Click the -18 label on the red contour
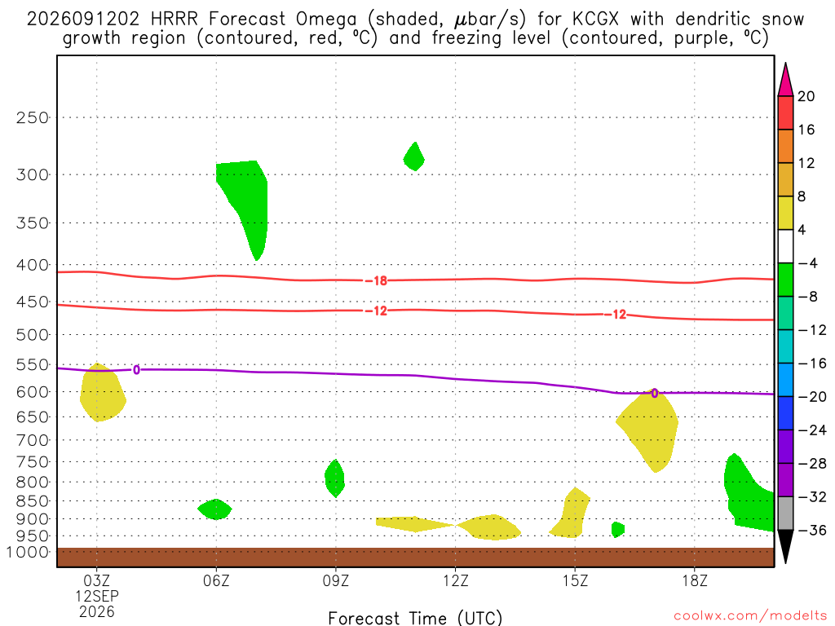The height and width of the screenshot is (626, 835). coord(377,280)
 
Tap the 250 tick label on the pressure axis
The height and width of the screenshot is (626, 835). coord(33,117)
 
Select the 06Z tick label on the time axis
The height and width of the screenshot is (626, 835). coord(216,580)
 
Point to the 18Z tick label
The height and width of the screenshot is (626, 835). coord(695,580)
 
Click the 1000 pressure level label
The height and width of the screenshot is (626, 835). coord(28,552)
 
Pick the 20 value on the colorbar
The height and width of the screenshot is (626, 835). coord(806,96)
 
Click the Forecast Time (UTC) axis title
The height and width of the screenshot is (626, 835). coord(415,618)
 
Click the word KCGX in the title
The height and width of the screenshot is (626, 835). coord(596,20)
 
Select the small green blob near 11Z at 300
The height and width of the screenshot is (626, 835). coord(414,156)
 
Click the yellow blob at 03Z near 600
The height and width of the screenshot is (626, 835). coord(102,392)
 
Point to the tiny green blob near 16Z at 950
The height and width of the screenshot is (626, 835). coord(618,530)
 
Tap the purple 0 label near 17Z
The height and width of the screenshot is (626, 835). coord(655,394)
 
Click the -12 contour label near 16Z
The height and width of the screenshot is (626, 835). coord(616,315)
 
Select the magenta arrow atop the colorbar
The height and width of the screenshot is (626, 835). coord(785,80)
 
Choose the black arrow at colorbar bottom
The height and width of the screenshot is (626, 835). coord(785,546)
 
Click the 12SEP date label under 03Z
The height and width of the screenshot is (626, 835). coord(97,596)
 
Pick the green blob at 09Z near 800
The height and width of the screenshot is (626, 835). coord(334,478)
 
